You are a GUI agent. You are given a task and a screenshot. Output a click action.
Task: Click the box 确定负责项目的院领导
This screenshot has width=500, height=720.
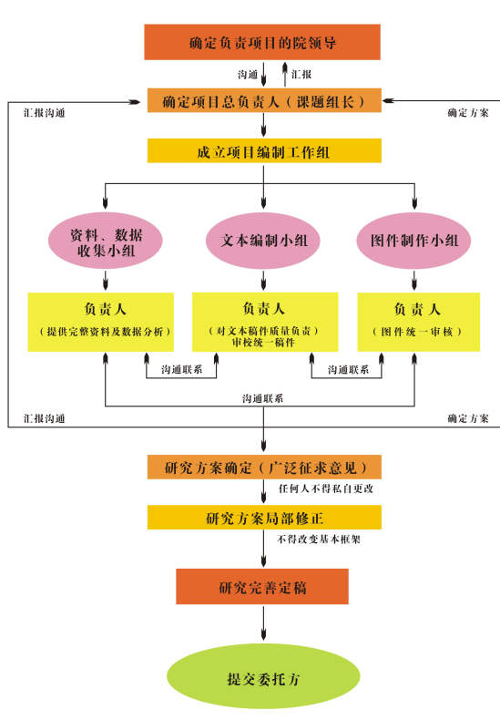tap(262, 43)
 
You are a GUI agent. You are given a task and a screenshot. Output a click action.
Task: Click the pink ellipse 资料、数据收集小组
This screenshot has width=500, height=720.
tap(107, 240)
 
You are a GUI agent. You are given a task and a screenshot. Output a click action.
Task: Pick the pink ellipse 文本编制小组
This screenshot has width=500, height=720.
tap(264, 240)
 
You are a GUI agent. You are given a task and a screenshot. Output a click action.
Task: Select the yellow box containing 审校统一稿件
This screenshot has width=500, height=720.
tap(264, 322)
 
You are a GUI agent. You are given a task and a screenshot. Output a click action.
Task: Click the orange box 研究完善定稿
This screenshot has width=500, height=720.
tap(262, 587)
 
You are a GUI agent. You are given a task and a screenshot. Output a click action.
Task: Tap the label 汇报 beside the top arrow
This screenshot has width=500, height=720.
tap(301, 73)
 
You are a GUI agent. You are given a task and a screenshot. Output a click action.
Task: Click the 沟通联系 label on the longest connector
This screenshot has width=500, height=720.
tap(262, 399)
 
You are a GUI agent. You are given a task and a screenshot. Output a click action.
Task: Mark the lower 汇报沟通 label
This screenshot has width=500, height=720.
tap(43, 418)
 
